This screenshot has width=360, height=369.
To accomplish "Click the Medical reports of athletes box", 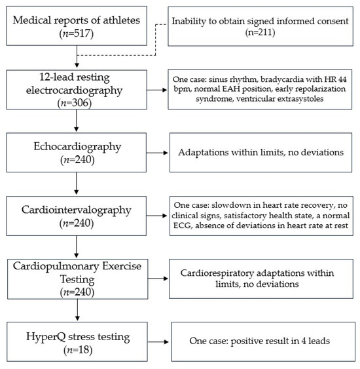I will [x=77, y=26].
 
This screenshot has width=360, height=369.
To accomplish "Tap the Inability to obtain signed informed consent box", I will [x=259, y=26].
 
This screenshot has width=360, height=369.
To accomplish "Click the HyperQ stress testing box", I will [x=77, y=340].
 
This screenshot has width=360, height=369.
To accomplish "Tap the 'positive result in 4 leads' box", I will [x=259, y=341].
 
